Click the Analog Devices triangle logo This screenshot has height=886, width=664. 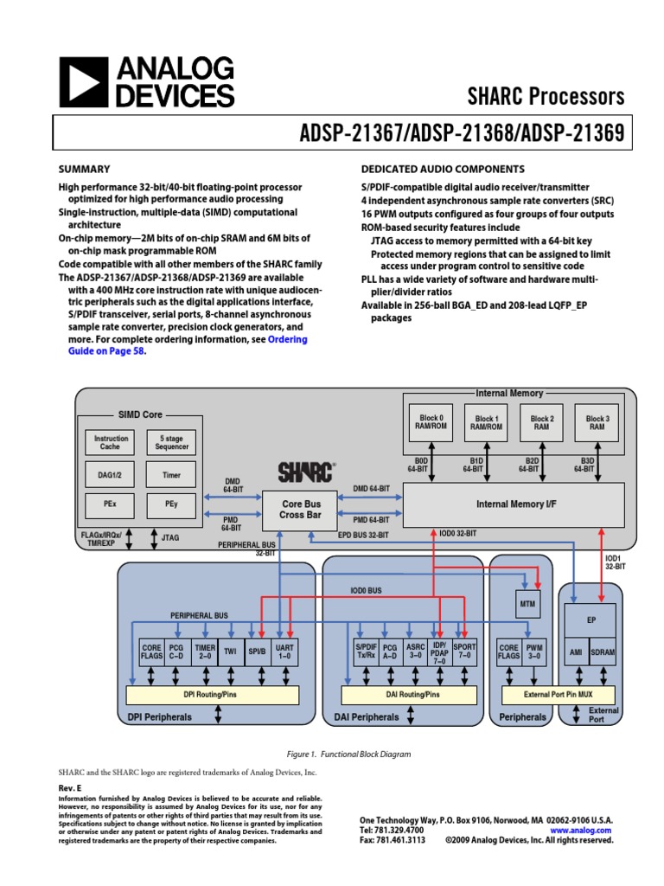click(83, 82)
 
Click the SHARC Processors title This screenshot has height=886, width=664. click(546, 95)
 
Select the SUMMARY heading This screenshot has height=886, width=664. click(84, 169)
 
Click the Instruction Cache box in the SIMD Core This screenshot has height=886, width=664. click(111, 443)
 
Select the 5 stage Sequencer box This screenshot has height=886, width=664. click(170, 443)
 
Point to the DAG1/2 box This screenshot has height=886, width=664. click(111, 474)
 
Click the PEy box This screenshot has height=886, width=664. click(170, 503)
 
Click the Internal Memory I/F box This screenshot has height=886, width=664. click(514, 504)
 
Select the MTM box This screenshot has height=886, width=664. click(527, 604)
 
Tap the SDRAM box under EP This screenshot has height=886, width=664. click(602, 652)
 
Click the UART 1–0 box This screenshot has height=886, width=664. click(284, 652)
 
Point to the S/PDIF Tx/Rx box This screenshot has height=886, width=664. click(365, 652)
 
